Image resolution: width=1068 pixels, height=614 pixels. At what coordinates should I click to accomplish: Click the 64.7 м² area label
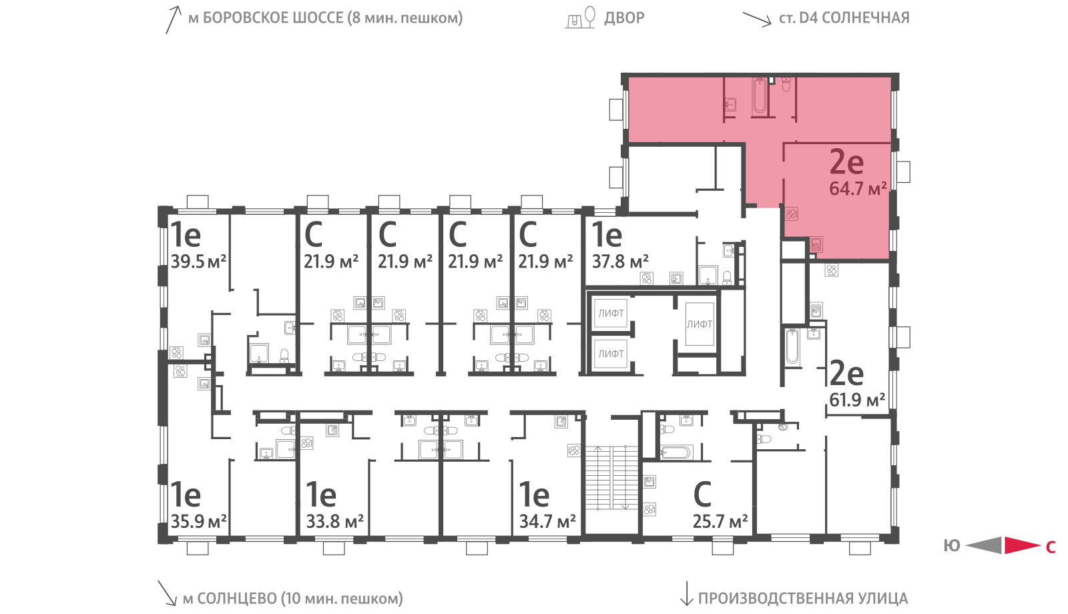pos(858,188)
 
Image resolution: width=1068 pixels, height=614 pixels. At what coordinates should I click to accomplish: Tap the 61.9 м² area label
pos(857,400)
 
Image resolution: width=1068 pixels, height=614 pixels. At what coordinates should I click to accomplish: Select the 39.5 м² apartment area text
pos(198,261)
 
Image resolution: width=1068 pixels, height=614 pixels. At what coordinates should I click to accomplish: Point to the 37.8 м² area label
pos(620,261)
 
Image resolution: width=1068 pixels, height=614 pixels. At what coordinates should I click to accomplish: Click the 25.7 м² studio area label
pos(720,521)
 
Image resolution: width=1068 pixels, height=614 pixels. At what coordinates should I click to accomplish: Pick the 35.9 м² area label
pos(198,521)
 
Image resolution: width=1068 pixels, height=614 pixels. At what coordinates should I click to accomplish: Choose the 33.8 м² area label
pos(334,521)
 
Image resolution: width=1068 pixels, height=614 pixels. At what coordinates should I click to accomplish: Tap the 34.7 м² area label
pos(547,521)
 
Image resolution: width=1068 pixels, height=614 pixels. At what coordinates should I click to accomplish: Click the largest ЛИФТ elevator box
pos(700,324)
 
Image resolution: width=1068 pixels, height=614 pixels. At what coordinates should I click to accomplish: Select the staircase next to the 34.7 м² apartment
pos(611,478)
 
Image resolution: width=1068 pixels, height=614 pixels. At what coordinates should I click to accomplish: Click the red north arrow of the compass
pos(1022,545)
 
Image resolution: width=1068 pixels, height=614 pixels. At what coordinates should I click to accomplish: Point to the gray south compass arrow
pos(984,545)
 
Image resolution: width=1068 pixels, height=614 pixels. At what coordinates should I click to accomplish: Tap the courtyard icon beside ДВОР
pos(580,17)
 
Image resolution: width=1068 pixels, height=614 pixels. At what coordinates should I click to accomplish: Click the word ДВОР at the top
pos(624,17)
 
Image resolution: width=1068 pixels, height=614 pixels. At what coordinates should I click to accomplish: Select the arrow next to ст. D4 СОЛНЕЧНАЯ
pos(757,19)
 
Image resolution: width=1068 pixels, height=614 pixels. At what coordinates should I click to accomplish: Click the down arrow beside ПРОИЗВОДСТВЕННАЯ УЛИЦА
pos(686,593)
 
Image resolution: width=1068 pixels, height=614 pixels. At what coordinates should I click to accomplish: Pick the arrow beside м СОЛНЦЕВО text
pos(167,593)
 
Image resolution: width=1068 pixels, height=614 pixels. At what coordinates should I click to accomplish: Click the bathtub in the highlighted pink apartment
pos(760,97)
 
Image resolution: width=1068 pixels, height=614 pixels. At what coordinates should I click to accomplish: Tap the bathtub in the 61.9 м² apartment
pos(792,346)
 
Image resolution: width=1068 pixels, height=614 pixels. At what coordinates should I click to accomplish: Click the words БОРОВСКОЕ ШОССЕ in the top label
pos(273,17)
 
